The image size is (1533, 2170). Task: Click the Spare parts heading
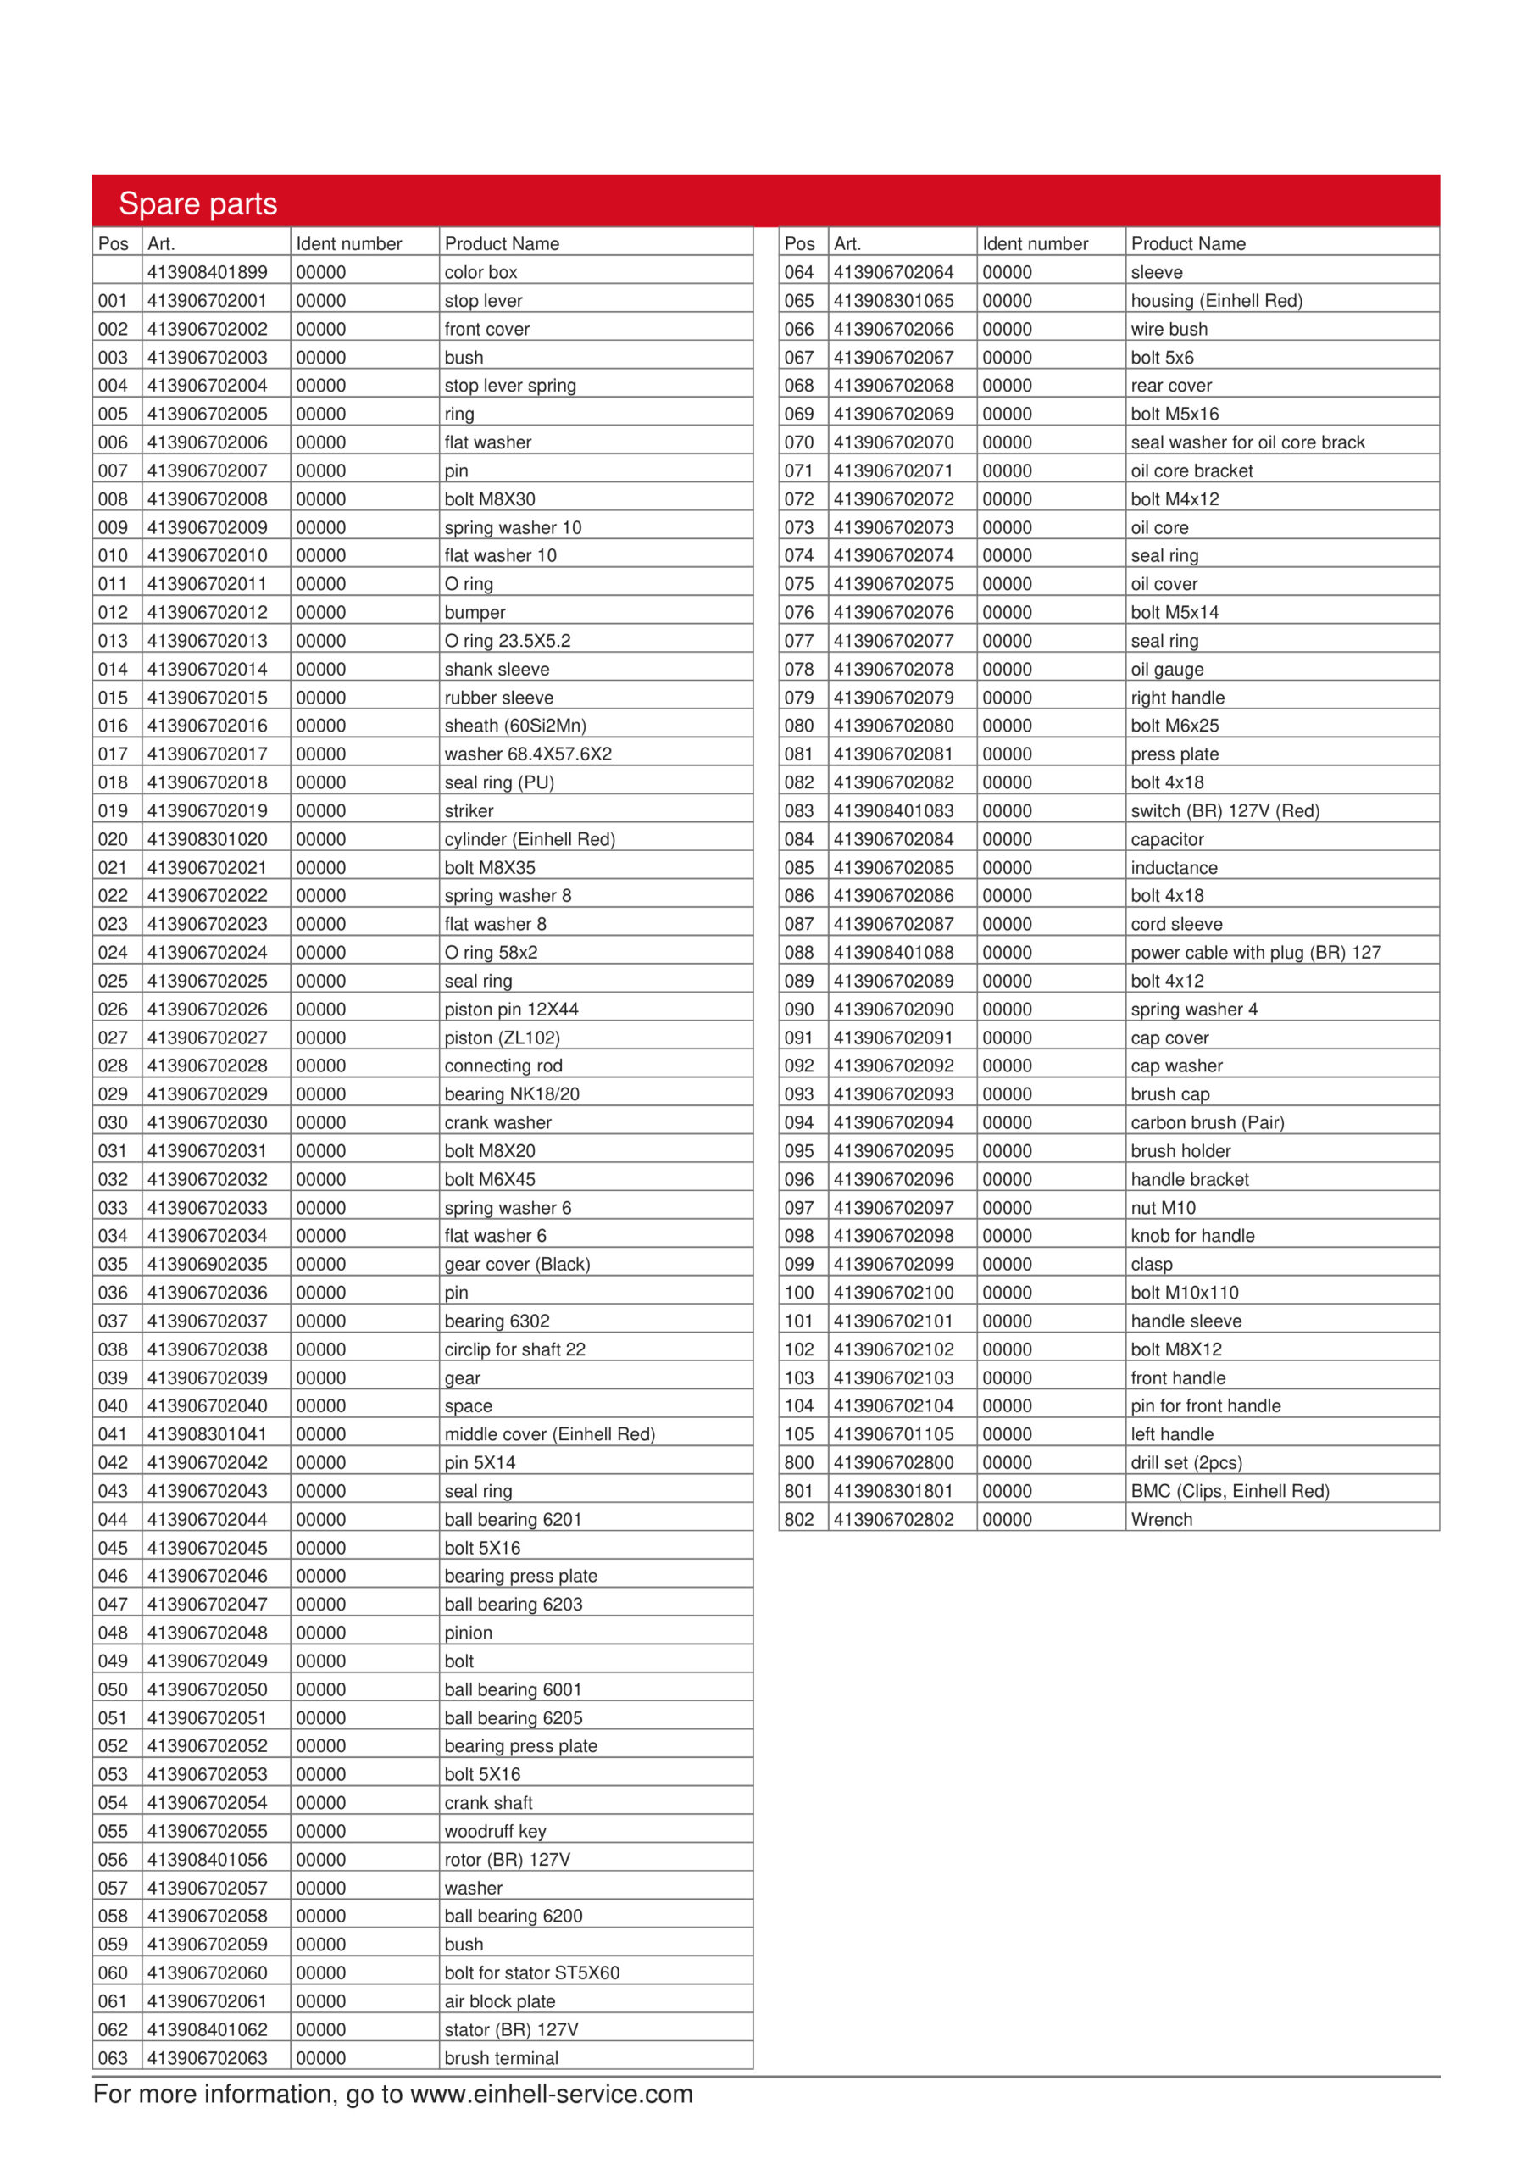pos(197,203)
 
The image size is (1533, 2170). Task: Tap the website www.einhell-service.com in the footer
pos(551,2095)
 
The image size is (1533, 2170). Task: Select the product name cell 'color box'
pos(480,272)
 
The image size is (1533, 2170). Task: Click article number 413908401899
pos(207,272)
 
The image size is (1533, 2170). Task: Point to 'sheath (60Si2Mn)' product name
pos(515,725)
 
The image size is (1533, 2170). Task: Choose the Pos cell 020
pos(113,838)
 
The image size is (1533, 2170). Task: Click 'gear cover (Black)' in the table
pos(517,1264)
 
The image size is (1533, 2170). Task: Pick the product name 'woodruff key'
pos(495,1831)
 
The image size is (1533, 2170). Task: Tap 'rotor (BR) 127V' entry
pos(507,1859)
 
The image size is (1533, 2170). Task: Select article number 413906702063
pos(207,2057)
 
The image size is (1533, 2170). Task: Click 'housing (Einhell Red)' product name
pos(1215,301)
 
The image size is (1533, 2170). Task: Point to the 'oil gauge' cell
pos(1166,669)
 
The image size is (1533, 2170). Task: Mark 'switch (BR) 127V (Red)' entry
pos(1224,810)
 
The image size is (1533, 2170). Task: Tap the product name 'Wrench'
pos(1161,1519)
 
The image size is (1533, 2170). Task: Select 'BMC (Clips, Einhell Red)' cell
pos(1229,1490)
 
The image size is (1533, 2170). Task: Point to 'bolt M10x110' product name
pos(1183,1292)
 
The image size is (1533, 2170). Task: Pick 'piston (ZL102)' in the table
pos(502,1037)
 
